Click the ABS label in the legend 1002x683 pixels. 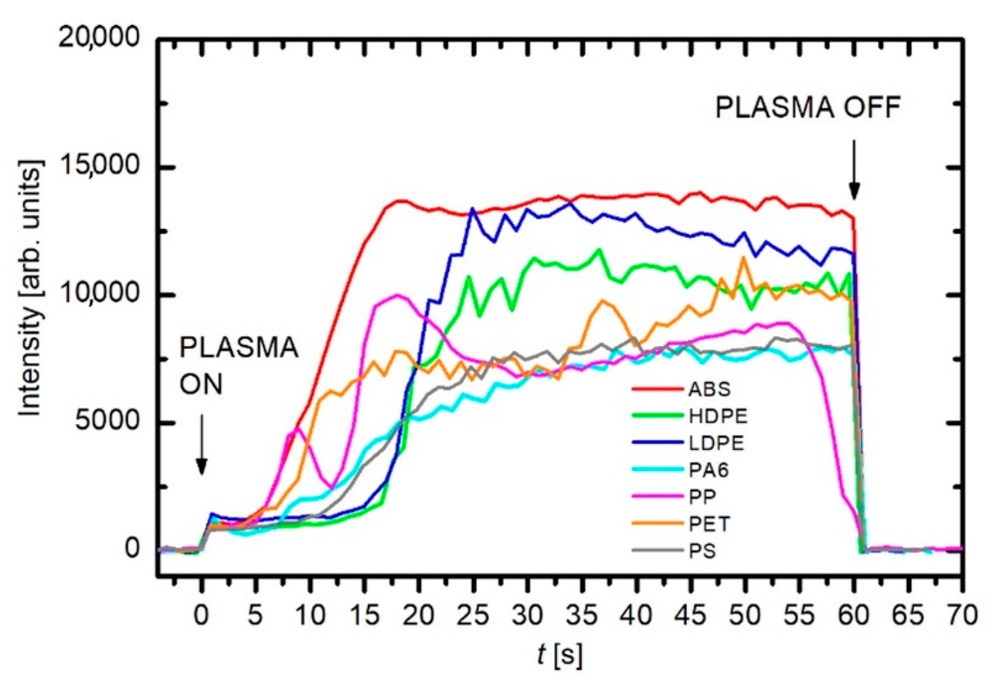pyautogui.click(x=709, y=389)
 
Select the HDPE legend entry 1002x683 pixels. pyautogui.click(x=718, y=417)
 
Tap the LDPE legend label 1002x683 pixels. pyautogui.click(x=716, y=443)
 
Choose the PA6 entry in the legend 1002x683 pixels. pyautogui.click(x=709, y=470)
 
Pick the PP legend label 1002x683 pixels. pyautogui.click(x=703, y=497)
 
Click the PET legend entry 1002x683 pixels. pyautogui.click(x=709, y=524)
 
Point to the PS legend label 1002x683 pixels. pyautogui.click(x=703, y=552)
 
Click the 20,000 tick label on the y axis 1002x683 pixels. pyautogui.click(x=99, y=38)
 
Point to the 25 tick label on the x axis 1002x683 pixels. pyautogui.click(x=473, y=616)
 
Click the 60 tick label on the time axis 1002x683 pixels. pyautogui.click(x=854, y=616)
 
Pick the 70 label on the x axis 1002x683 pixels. pyautogui.click(x=962, y=616)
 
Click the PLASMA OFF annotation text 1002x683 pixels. pyautogui.click(x=808, y=108)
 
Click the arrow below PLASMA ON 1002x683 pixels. pyautogui.click(x=202, y=445)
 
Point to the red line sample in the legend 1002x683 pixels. pyautogui.click(x=657, y=389)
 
